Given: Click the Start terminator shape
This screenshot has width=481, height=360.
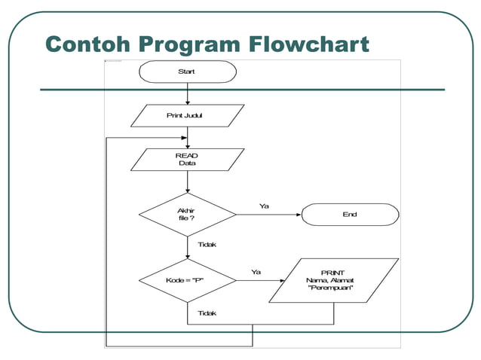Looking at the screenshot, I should pyautogui.click(x=188, y=72).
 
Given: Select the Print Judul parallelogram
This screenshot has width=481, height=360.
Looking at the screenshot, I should pyautogui.click(x=188, y=116).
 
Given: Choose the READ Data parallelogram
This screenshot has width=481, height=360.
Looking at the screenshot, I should pyautogui.click(x=188, y=159).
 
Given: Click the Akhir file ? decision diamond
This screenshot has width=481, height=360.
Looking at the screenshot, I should pyautogui.click(x=188, y=215).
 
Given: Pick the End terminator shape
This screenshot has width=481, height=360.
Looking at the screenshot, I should pyautogui.click(x=350, y=215).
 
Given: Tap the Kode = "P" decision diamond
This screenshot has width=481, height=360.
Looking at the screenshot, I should pyautogui.click(x=188, y=281).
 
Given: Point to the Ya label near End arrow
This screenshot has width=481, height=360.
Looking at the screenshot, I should pyautogui.click(x=265, y=206).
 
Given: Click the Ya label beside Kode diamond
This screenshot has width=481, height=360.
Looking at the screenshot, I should pyautogui.click(x=256, y=272).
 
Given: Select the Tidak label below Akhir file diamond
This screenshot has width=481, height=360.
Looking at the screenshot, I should pyautogui.click(x=207, y=245).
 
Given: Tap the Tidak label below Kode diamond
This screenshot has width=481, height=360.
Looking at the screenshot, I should pyautogui.click(x=207, y=313).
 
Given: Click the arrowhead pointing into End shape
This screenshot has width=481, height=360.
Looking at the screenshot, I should pyautogui.click(x=298, y=215).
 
